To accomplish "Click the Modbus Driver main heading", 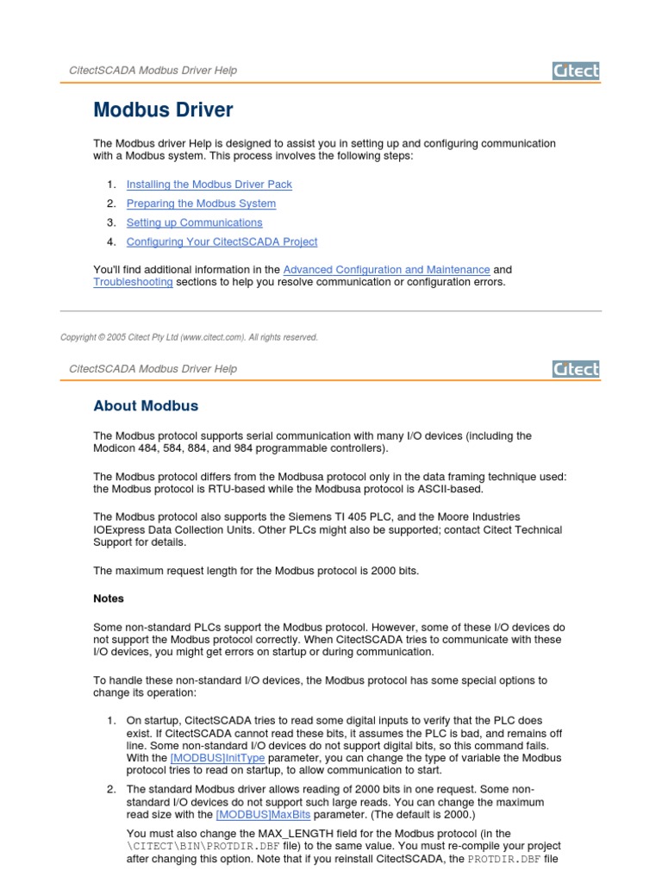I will pyautogui.click(x=163, y=110).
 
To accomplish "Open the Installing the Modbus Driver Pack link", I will pyautogui.click(x=209, y=185).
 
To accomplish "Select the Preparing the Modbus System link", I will pyautogui.click(x=201, y=204).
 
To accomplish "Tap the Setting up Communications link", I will pyautogui.click(x=194, y=223).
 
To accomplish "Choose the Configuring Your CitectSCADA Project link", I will pyautogui.click(x=222, y=242).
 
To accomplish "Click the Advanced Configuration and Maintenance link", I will pyautogui.click(x=386, y=270).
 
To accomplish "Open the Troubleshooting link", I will pyautogui.click(x=133, y=282).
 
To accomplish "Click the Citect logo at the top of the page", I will pyautogui.click(x=575, y=71).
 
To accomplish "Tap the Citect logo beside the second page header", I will pyautogui.click(x=575, y=369).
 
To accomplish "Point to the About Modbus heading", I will pyautogui.click(x=146, y=406).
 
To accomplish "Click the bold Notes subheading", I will pyautogui.click(x=109, y=598).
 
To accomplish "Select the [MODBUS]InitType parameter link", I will pyautogui.click(x=217, y=758).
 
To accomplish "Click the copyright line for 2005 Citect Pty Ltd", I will pyautogui.click(x=189, y=337).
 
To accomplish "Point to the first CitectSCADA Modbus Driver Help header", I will pyautogui.click(x=153, y=71).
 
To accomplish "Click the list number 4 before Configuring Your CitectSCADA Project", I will pyautogui.click(x=111, y=242).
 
